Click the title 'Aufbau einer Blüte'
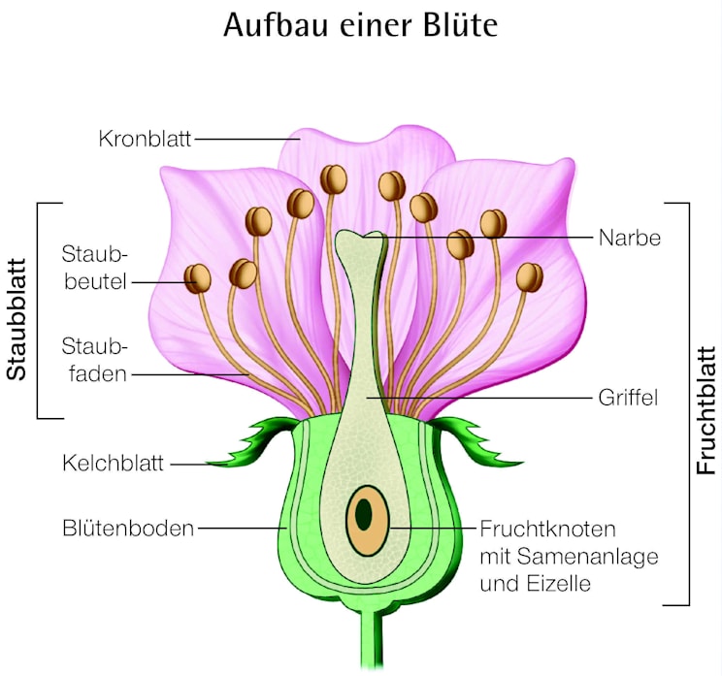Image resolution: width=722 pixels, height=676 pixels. pyautogui.click(x=360, y=25)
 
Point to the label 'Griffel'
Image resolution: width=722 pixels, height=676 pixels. pyautogui.click(x=629, y=397)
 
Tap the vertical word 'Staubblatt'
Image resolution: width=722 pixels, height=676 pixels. pyautogui.click(x=16, y=310)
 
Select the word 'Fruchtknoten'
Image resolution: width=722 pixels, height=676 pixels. pyautogui.click(x=548, y=529)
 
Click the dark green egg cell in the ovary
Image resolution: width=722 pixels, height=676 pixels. pyautogui.click(x=364, y=514)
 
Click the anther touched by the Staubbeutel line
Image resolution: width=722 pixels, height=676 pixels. pyautogui.click(x=199, y=278)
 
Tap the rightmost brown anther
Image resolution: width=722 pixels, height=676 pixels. pyautogui.click(x=530, y=277)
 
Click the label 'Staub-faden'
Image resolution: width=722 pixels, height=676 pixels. pyautogui.click(x=95, y=358)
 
